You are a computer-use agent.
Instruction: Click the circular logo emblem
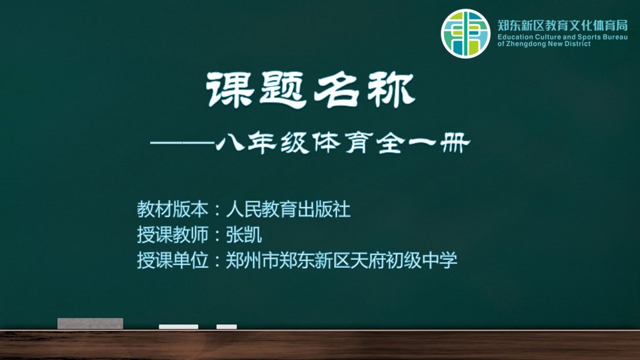point(465,33)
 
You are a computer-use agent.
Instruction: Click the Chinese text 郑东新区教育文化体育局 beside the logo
point(563,26)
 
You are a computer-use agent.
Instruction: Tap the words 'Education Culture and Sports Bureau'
point(563,37)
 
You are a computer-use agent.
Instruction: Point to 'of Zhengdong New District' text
point(544,44)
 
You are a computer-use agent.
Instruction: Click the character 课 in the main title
point(229,90)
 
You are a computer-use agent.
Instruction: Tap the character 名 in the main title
point(337,90)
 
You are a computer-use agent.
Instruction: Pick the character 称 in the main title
point(391,90)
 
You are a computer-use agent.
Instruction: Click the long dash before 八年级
point(182,143)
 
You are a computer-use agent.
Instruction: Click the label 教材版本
point(173,209)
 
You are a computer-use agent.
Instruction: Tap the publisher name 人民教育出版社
point(288,209)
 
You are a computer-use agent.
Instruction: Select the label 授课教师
point(173,235)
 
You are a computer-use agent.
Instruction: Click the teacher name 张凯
point(244,235)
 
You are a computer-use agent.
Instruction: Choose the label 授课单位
point(173,260)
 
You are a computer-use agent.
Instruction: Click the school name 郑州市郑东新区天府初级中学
point(341,260)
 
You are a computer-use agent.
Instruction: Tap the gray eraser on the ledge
point(90,323)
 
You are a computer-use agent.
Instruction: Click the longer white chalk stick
point(179,327)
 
